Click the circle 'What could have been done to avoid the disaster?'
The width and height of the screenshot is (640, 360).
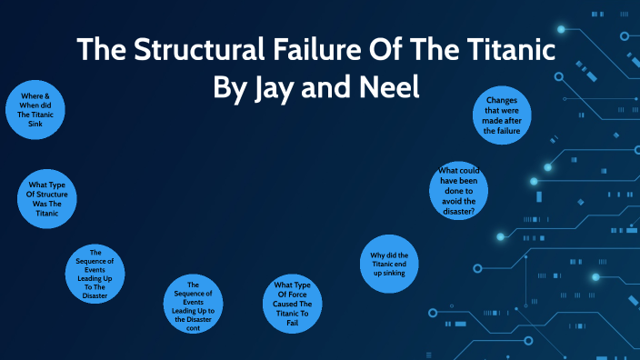458,190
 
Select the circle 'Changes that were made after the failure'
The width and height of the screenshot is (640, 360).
503,115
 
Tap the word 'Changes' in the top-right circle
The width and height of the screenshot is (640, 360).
503,100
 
